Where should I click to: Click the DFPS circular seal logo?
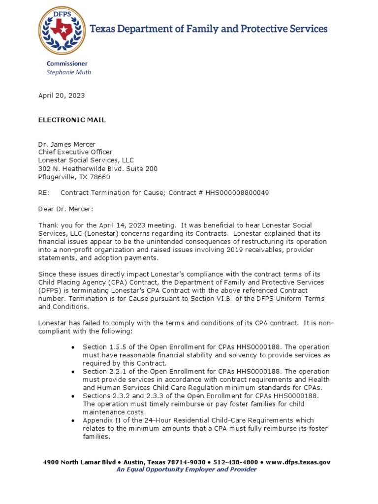(x=62, y=30)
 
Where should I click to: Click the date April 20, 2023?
(x=62, y=95)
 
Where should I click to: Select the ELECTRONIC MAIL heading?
(x=72, y=120)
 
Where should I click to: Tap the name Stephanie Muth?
(x=68, y=72)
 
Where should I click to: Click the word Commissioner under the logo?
(x=67, y=63)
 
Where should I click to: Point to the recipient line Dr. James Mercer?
(x=67, y=144)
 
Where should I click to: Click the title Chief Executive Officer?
(x=75, y=152)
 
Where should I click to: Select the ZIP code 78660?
(x=100, y=177)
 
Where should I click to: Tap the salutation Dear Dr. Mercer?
(x=65, y=209)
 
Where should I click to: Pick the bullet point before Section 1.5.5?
(x=73, y=347)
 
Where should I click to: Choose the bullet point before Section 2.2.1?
(x=73, y=372)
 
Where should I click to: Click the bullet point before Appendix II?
(x=73, y=421)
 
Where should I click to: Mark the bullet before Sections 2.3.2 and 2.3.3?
(x=73, y=396)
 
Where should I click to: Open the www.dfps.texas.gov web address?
(x=298, y=462)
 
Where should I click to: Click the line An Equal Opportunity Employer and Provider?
(x=186, y=470)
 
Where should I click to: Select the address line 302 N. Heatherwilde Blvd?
(x=98, y=168)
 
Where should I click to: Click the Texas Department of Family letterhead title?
(x=208, y=29)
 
